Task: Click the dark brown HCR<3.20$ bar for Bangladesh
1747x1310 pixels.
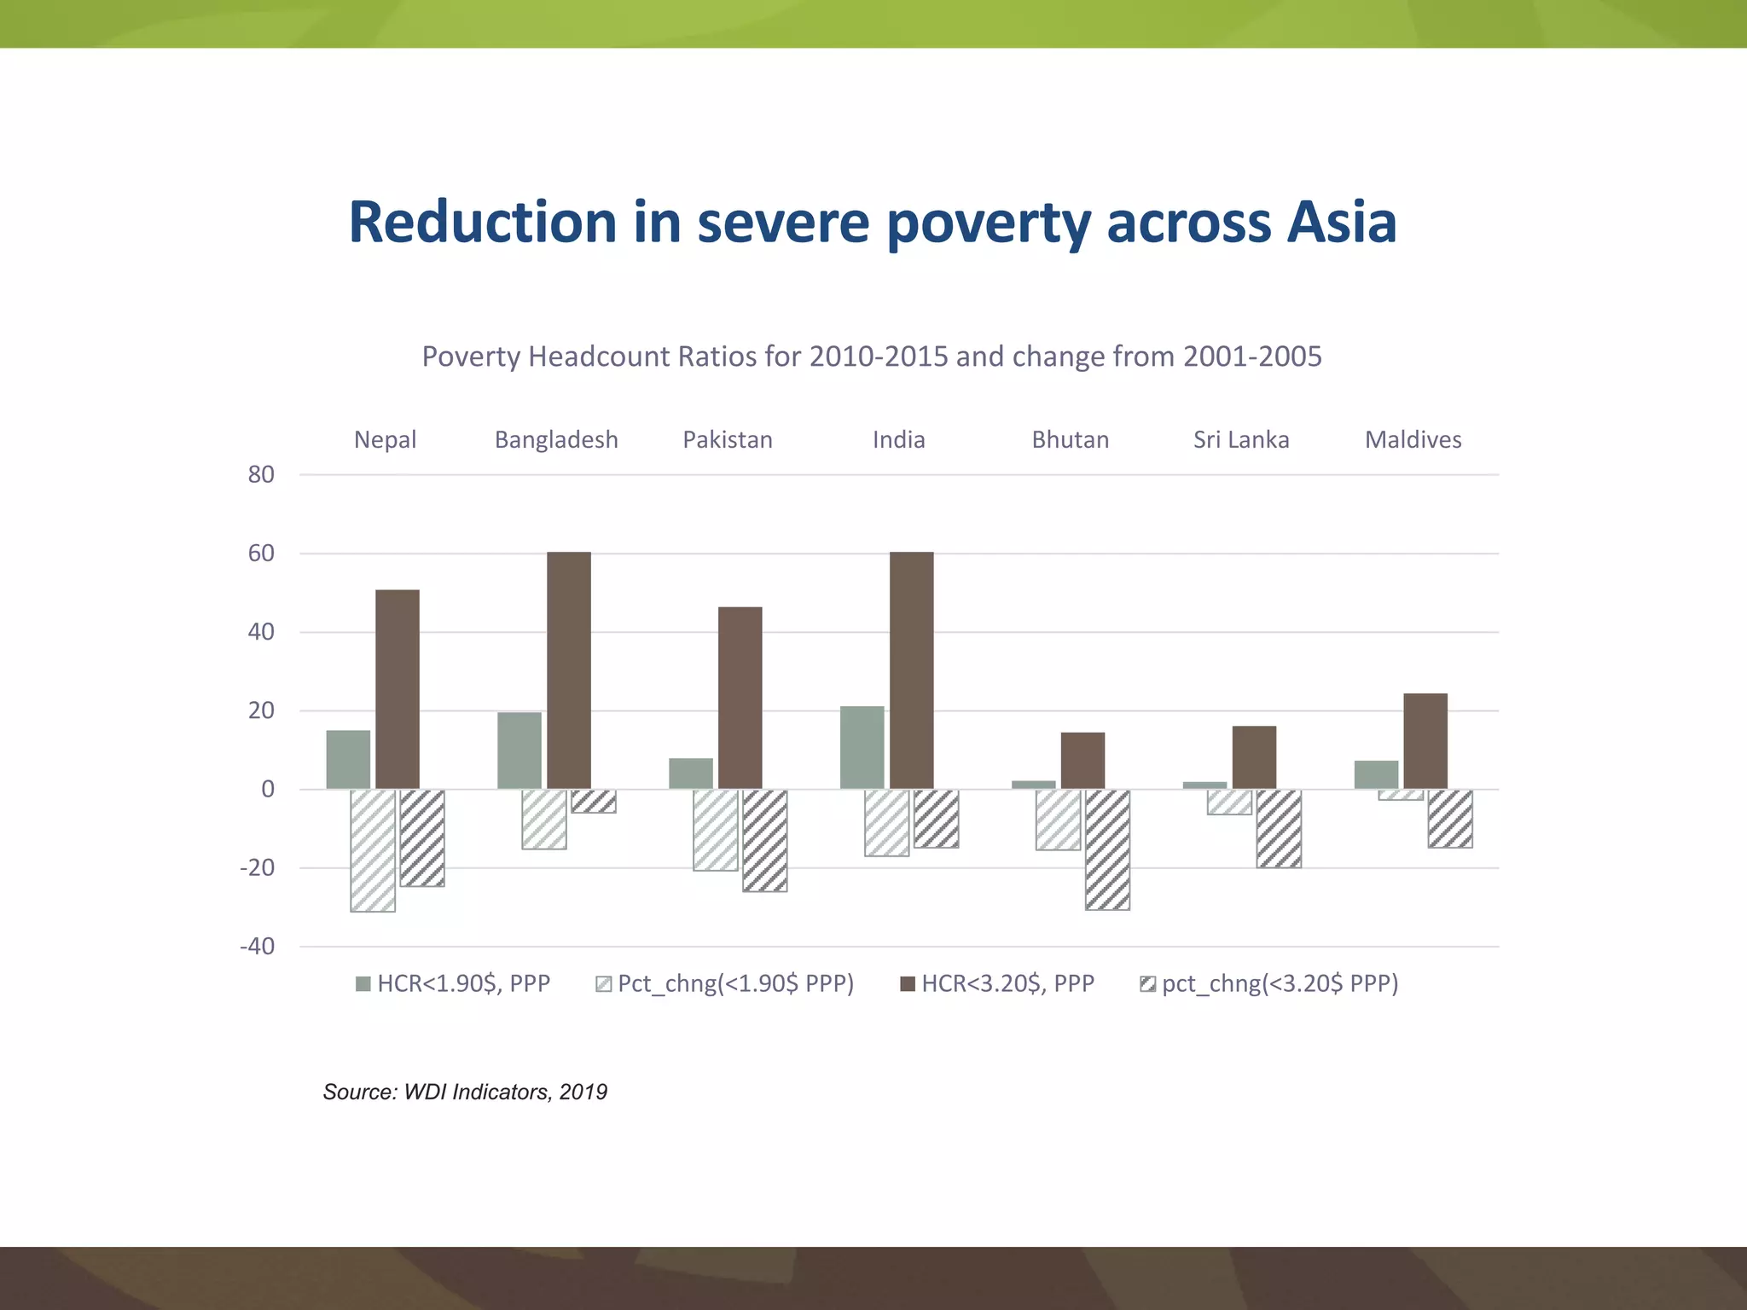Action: (568, 670)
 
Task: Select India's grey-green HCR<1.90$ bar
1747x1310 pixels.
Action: (862, 747)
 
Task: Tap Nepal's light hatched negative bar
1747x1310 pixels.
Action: (373, 850)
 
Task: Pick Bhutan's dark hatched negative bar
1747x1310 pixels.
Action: (1107, 849)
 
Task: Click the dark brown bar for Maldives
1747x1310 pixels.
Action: (1425, 741)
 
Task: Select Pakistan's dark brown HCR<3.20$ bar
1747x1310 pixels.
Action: (740, 698)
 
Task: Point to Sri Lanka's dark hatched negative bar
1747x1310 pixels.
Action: (1279, 828)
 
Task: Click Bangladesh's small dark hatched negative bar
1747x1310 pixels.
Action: (594, 801)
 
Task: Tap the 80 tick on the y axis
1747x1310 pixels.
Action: (261, 475)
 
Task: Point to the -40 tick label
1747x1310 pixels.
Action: (258, 947)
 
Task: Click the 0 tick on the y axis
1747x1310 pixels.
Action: (268, 790)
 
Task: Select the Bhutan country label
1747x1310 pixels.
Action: (1070, 440)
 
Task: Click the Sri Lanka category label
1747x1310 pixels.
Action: (1240, 440)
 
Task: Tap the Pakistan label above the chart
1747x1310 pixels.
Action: (727, 440)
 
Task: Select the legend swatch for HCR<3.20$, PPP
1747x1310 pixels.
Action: (908, 985)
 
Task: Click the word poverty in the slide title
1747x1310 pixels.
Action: (989, 223)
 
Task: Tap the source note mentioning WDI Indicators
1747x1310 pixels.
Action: (465, 1092)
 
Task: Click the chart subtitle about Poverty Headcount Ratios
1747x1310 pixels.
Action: (872, 356)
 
